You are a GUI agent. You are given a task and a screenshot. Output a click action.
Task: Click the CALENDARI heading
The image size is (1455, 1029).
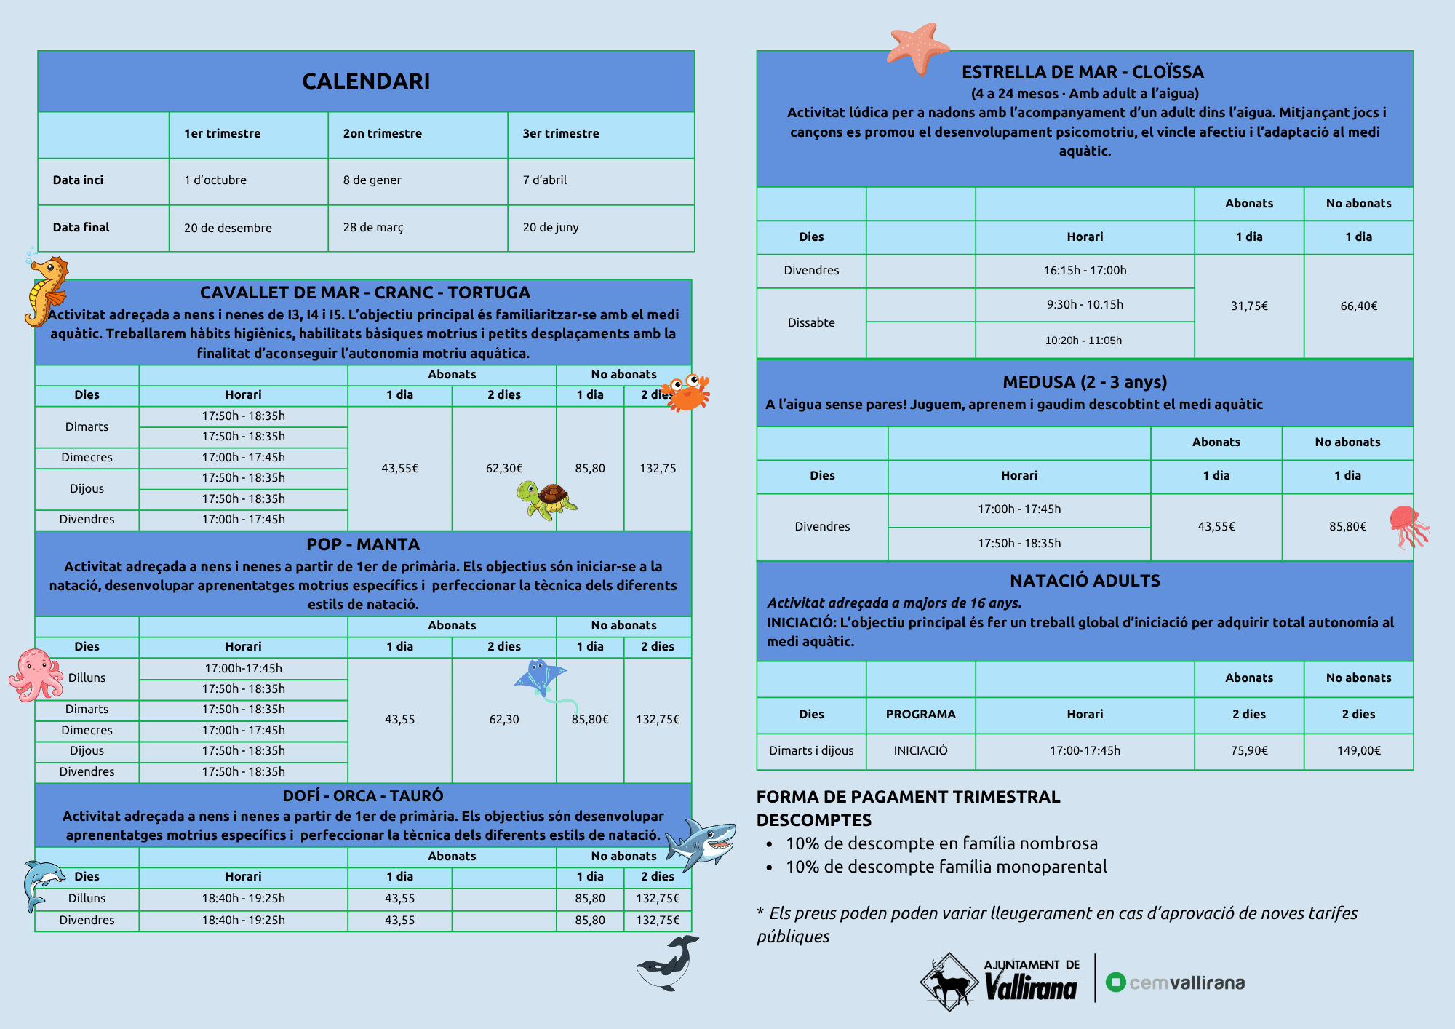click(x=366, y=81)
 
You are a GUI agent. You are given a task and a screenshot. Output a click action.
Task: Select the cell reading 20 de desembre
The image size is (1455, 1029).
click(x=228, y=228)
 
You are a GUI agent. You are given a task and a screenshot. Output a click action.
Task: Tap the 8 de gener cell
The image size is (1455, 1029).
click(x=372, y=180)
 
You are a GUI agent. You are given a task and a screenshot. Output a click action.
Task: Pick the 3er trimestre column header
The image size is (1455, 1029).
click(x=561, y=133)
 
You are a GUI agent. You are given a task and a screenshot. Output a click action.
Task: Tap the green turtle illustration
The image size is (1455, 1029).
click(x=546, y=500)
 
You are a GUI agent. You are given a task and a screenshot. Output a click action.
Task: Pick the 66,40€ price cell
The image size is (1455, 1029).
click(x=1358, y=306)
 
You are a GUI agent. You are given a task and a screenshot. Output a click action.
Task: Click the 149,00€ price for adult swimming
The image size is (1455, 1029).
click(x=1358, y=750)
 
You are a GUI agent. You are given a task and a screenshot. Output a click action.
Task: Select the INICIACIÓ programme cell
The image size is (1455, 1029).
click(x=920, y=750)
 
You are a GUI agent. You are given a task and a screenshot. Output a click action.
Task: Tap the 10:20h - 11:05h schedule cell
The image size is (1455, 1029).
click(x=1083, y=341)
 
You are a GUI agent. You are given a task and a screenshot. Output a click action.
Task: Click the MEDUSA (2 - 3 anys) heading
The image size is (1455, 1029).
click(x=1084, y=382)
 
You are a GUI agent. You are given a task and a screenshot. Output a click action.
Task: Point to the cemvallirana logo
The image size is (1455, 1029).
click(x=1176, y=982)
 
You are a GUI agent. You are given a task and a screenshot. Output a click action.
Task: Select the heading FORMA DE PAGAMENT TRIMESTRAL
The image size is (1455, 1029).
click(x=908, y=797)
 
